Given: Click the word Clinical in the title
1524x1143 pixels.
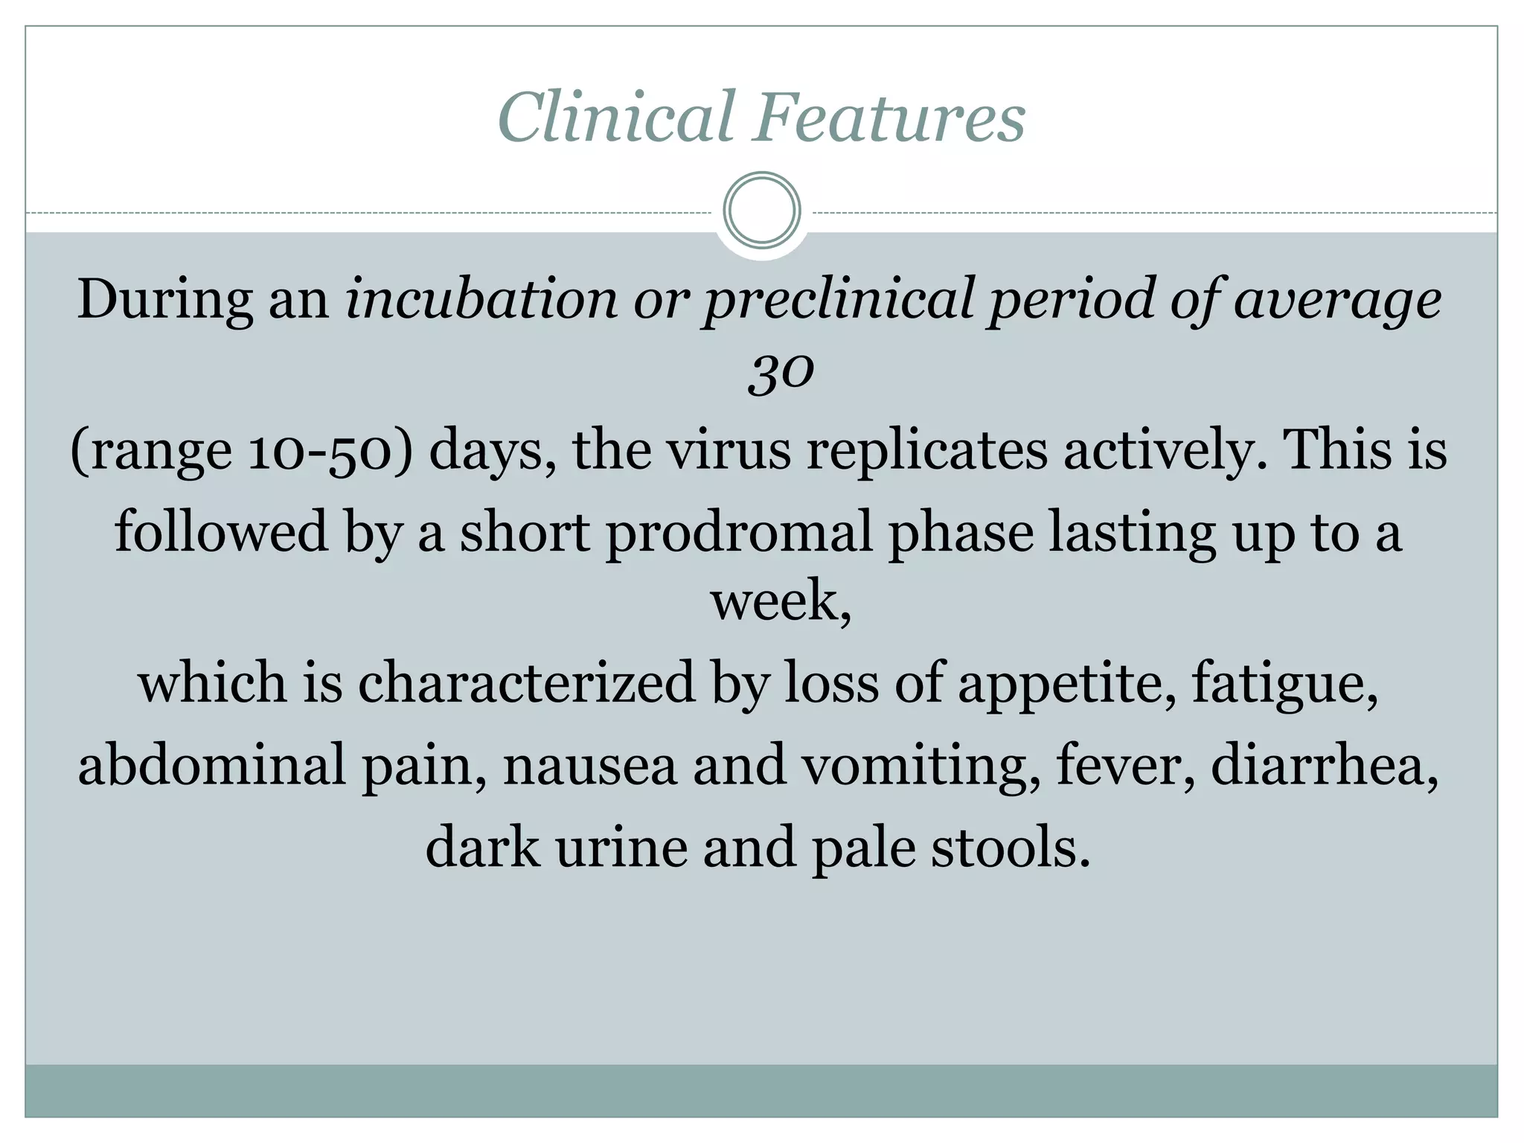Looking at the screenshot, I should [x=617, y=118].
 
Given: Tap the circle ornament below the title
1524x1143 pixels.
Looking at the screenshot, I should [x=761, y=211].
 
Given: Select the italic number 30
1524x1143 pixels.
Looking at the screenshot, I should [x=781, y=371].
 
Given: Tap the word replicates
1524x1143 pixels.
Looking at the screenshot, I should [x=926, y=452].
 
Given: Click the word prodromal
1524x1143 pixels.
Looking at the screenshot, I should [x=739, y=533].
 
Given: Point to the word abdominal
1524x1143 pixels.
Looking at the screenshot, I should [x=212, y=764].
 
